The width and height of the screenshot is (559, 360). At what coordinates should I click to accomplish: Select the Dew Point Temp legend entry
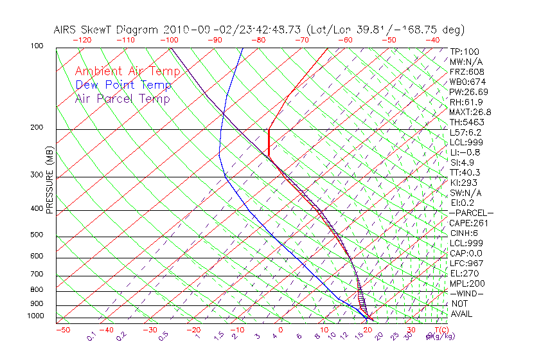point(123,85)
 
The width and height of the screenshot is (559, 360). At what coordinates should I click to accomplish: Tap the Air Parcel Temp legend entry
point(122,98)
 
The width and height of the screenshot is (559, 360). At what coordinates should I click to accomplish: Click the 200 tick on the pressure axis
point(36,128)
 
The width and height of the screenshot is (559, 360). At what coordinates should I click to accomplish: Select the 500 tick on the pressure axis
point(36,235)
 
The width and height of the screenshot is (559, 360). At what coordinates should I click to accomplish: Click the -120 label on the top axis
point(82,40)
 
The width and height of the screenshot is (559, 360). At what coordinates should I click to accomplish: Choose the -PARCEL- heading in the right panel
point(471,213)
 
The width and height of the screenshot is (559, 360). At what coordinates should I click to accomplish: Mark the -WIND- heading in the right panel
point(466,293)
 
